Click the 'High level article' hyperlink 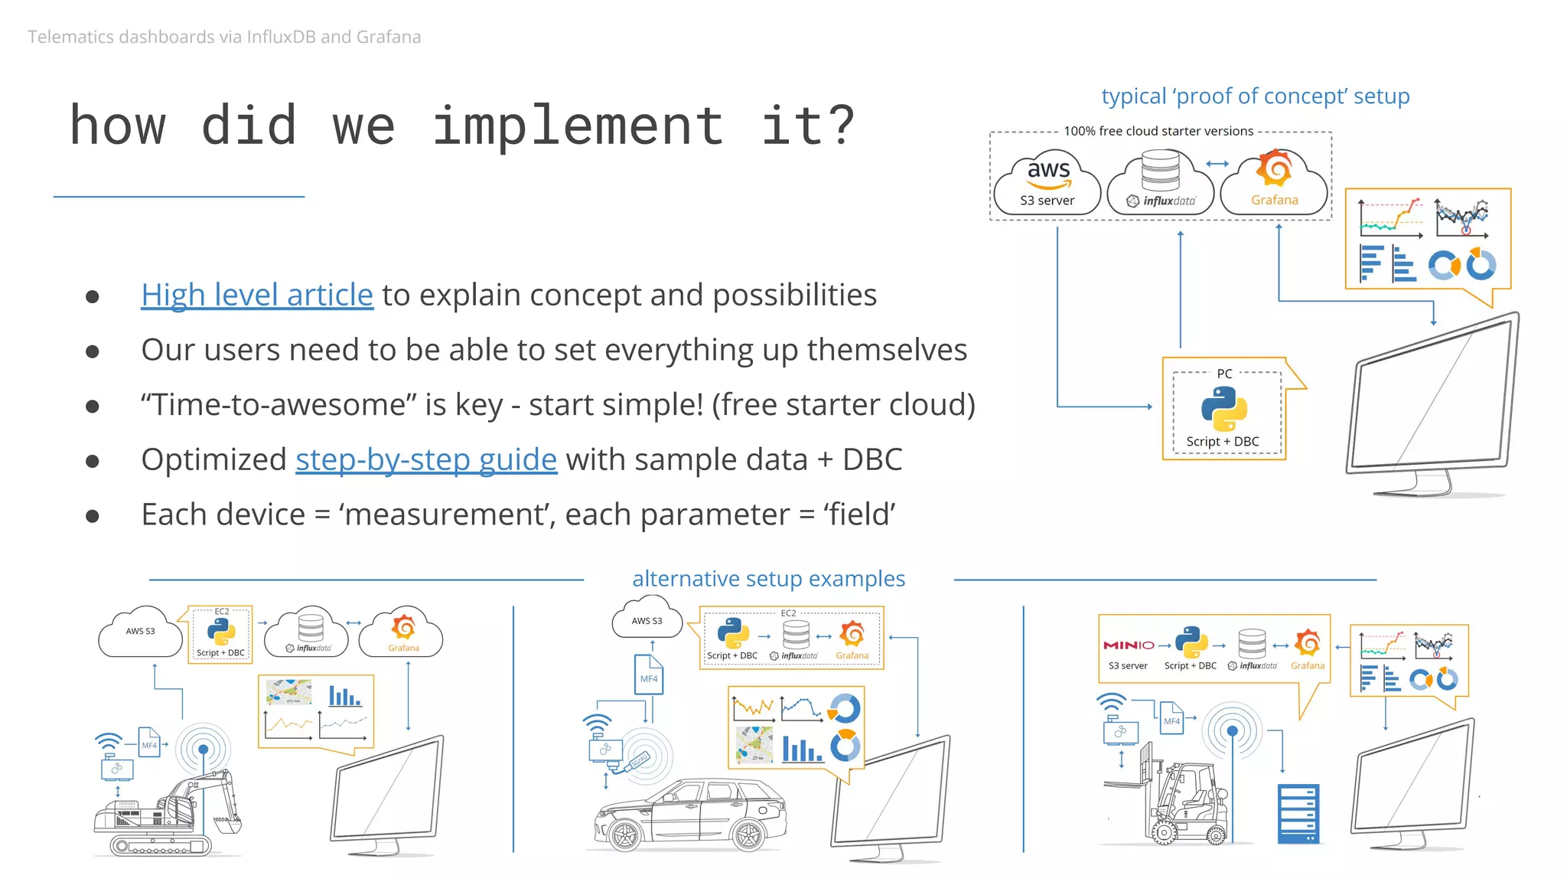256,295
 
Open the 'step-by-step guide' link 425,459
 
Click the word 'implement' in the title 578,126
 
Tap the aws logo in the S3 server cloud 1048,171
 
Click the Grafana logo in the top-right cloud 1275,168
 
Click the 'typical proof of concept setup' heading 1255,96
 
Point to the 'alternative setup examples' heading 768,579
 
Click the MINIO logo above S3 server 1128,645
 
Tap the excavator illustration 168,812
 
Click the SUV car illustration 689,815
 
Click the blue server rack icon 1298,813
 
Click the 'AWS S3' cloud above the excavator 140,632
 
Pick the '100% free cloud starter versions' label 1158,131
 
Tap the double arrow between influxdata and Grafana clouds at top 1217,163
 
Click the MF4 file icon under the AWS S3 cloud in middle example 648,675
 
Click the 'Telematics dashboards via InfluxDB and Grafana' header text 224,37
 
